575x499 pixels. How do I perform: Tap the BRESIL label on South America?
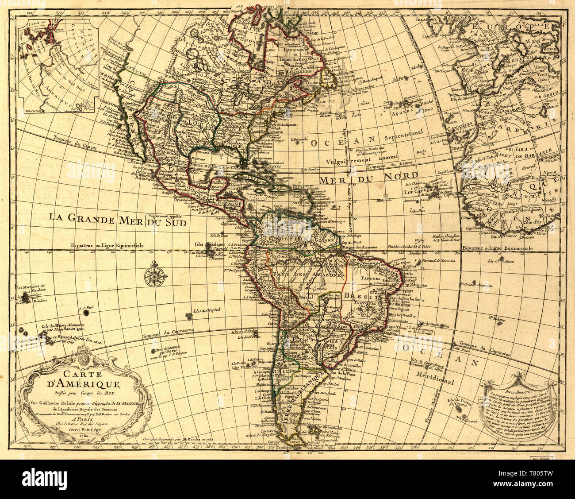(366, 296)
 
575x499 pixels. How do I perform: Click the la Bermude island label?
(299, 140)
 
